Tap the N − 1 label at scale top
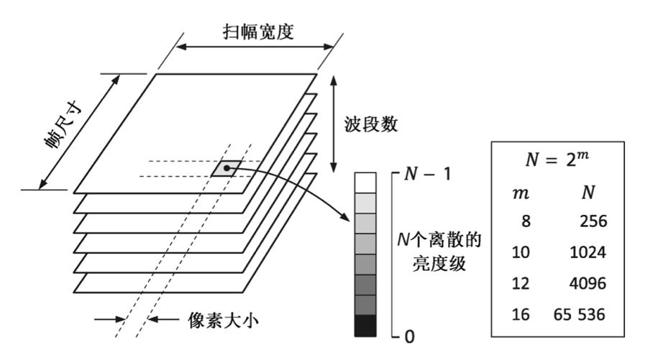(425, 175)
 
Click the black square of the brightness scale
(365, 326)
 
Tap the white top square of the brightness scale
(365, 181)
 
